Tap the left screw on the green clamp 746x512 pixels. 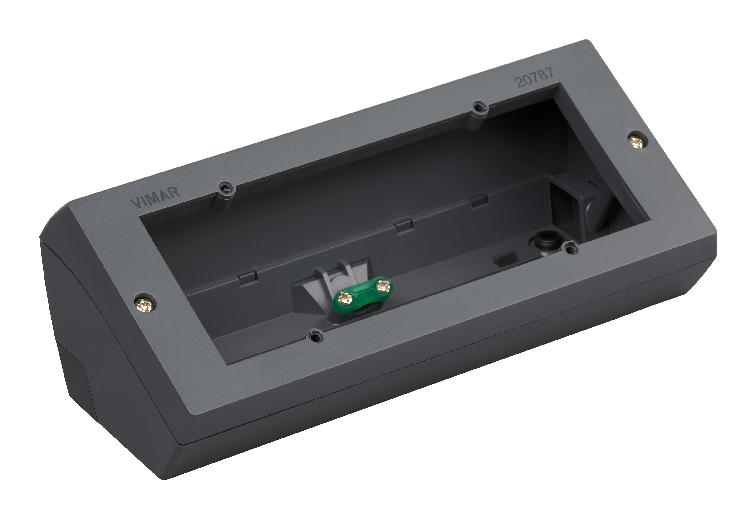click(345, 298)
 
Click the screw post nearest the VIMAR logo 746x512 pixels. click(226, 188)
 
